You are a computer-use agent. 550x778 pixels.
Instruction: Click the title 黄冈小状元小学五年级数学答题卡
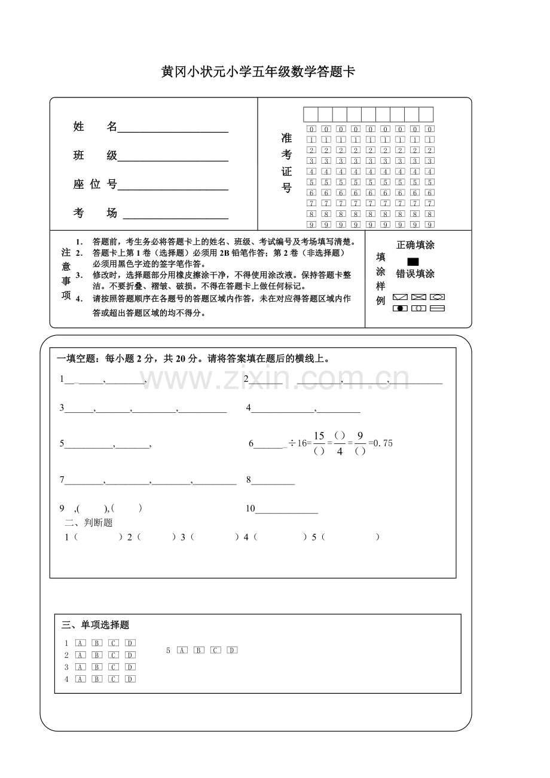[x=258, y=72]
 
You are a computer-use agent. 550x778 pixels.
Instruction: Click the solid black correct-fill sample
[x=412, y=262]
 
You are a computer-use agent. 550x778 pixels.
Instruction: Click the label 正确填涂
[x=415, y=245]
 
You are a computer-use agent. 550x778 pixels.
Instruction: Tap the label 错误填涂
[x=415, y=274]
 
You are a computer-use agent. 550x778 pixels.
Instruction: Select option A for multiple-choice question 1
[x=81, y=643]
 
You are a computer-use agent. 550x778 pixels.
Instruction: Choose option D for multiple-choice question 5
[x=233, y=650]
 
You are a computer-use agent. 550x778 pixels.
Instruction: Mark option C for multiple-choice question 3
[x=114, y=667]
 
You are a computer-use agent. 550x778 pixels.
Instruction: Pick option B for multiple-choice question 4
[x=97, y=679]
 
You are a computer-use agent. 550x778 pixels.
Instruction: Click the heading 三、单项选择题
[x=96, y=625]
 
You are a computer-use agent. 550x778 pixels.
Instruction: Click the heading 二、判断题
[x=90, y=523]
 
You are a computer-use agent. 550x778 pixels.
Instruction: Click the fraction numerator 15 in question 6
[x=319, y=436]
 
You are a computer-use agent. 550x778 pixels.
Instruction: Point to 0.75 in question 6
[x=383, y=443]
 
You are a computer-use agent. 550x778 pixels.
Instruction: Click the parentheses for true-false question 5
[x=350, y=537]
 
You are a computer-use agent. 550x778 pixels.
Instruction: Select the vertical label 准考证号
[x=286, y=163]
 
